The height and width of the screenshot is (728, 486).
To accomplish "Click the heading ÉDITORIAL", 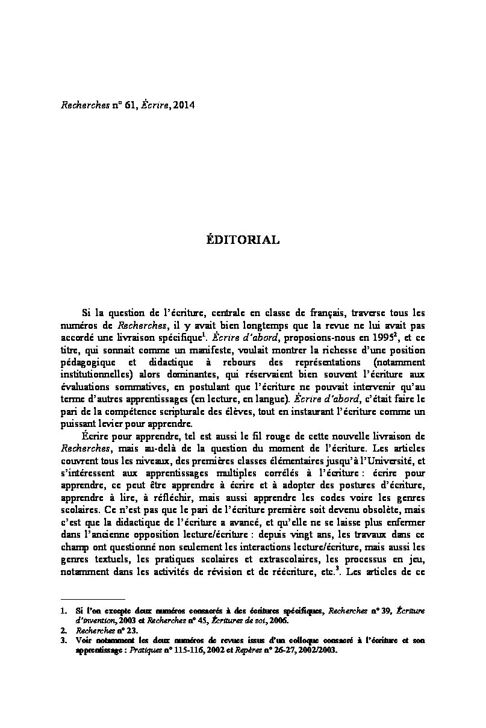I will pos(243,240).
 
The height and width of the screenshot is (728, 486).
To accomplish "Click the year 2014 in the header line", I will pos(184,104).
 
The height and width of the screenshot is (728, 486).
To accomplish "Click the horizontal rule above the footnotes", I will pos(93,600).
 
